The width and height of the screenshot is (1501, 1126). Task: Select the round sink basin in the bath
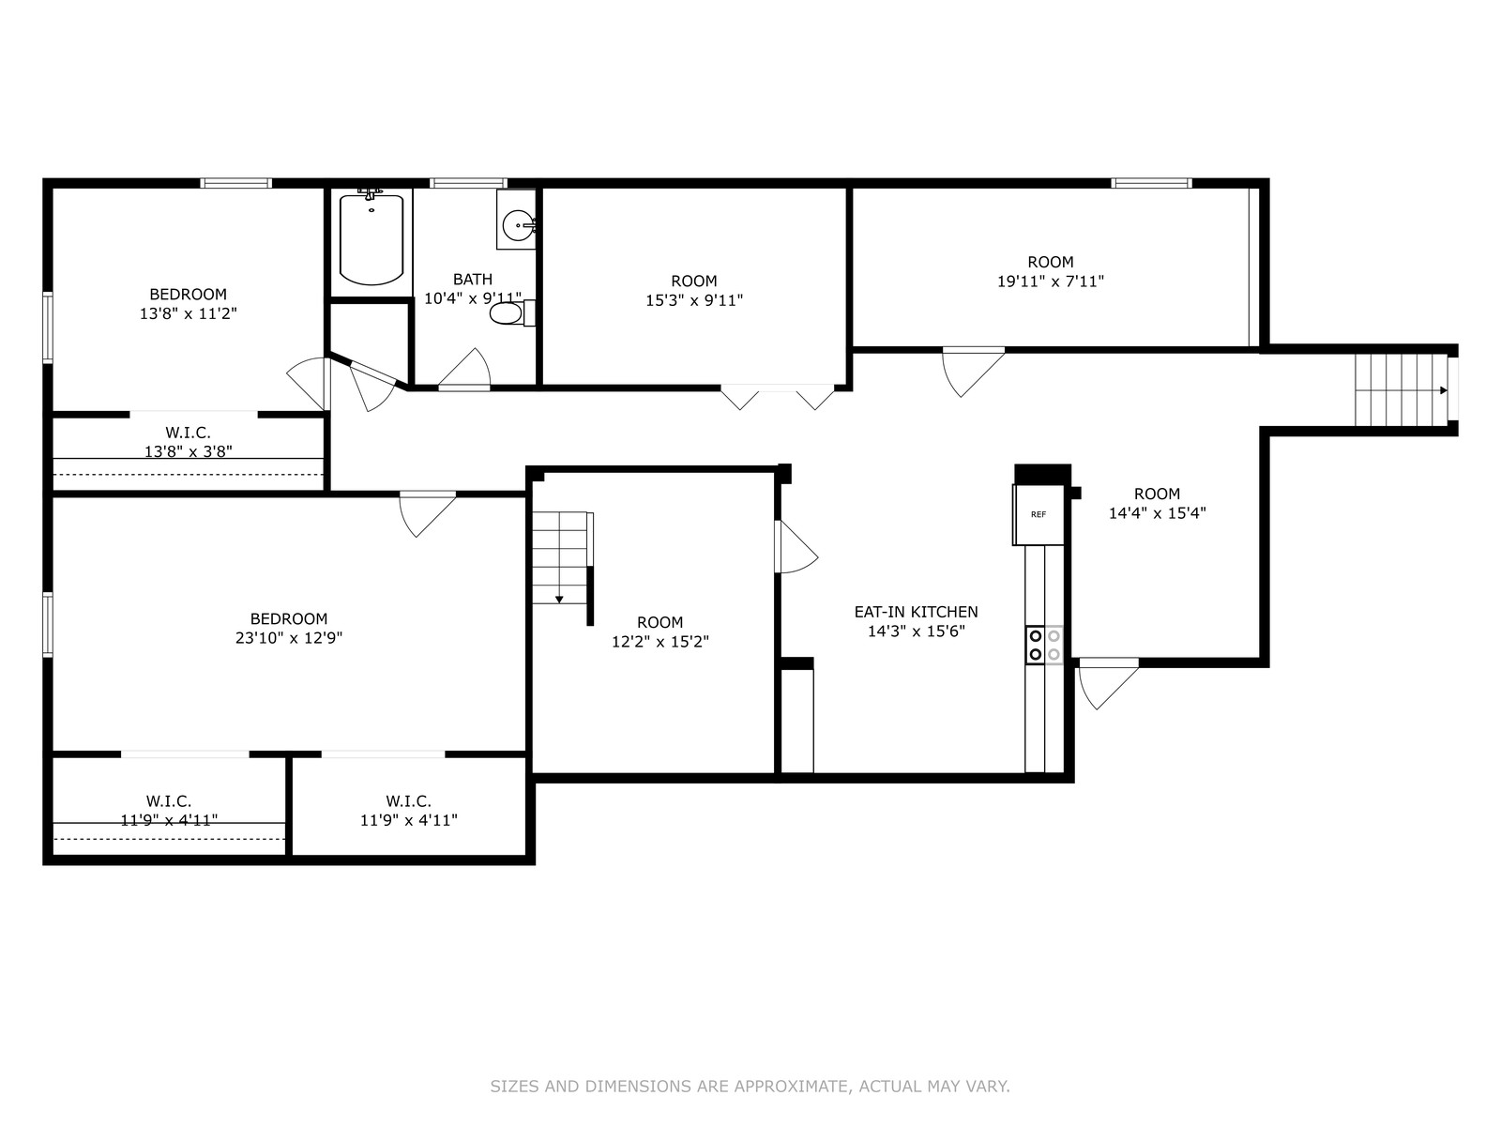coord(518,224)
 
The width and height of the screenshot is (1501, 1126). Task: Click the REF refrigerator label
coord(1039,514)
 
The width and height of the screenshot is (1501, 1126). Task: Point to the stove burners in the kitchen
coord(1044,645)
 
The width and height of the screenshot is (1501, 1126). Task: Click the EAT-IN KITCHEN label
coord(917,612)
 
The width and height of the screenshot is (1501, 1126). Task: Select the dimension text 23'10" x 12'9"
coord(289,638)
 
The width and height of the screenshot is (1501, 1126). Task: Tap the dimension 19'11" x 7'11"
coord(1051,281)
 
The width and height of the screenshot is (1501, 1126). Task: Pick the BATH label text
coord(473,279)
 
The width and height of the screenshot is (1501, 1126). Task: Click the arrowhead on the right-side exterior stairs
coord(1443,390)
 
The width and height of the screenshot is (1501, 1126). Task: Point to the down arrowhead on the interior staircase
coord(559,600)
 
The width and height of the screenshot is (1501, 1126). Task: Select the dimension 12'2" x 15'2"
coord(660,641)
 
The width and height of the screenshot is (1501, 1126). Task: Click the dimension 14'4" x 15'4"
coord(1157,512)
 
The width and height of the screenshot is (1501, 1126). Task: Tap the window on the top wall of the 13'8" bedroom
coord(235,183)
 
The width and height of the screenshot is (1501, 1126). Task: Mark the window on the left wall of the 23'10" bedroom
coord(48,625)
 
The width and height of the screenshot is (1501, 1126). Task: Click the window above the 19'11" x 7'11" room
coord(1152,183)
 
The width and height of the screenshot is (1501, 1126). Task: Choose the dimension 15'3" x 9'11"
coord(694,300)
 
